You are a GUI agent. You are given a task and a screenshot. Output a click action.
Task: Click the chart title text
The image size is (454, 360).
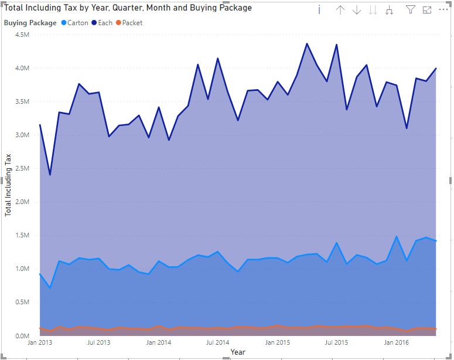pos(128,8)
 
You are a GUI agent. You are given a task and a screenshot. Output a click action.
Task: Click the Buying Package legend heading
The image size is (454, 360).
pos(30,23)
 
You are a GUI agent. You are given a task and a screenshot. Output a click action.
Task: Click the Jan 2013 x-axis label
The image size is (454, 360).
pos(39,342)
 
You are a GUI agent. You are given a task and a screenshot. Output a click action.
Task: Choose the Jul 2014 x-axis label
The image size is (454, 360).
pos(218,342)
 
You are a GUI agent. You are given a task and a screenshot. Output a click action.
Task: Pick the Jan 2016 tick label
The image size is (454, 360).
pos(396,342)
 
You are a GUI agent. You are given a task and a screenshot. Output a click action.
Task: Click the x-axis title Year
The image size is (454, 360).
pos(238,352)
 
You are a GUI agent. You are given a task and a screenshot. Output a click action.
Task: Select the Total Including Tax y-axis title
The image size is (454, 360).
pos(8,185)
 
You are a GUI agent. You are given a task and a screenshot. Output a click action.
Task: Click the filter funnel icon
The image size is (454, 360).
pos(410,10)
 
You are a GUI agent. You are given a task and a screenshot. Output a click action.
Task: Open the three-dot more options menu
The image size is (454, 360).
pos(443,10)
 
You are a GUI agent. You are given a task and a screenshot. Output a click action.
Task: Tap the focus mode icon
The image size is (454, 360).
pos(426,10)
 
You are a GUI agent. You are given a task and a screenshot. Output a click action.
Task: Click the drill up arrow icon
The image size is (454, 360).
pos(340,10)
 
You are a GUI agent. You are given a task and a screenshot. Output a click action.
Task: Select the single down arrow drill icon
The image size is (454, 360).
pos(356,10)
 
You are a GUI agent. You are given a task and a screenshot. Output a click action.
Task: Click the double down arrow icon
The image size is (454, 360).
pos(373,10)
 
